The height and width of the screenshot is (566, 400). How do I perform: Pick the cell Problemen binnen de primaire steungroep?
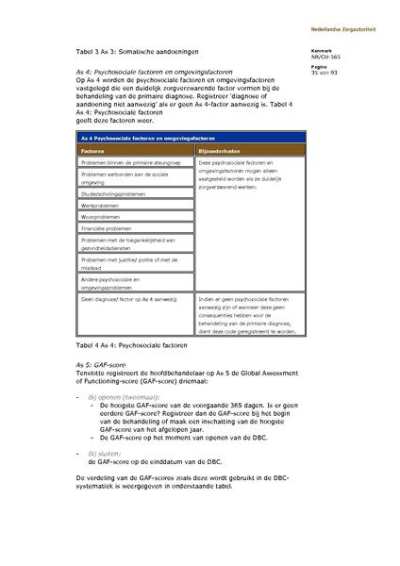point(130,163)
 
